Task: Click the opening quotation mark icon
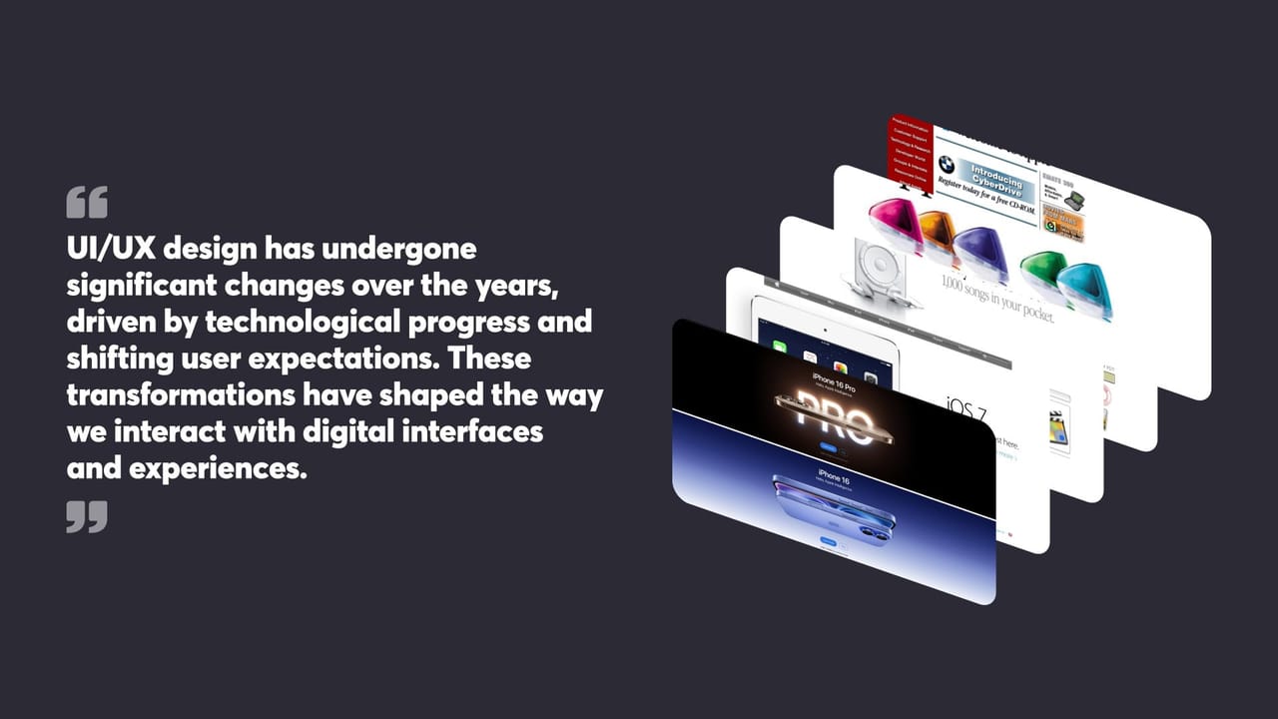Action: click(87, 202)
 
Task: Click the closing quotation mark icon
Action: click(87, 516)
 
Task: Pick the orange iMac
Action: click(939, 235)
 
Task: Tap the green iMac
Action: click(1042, 271)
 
